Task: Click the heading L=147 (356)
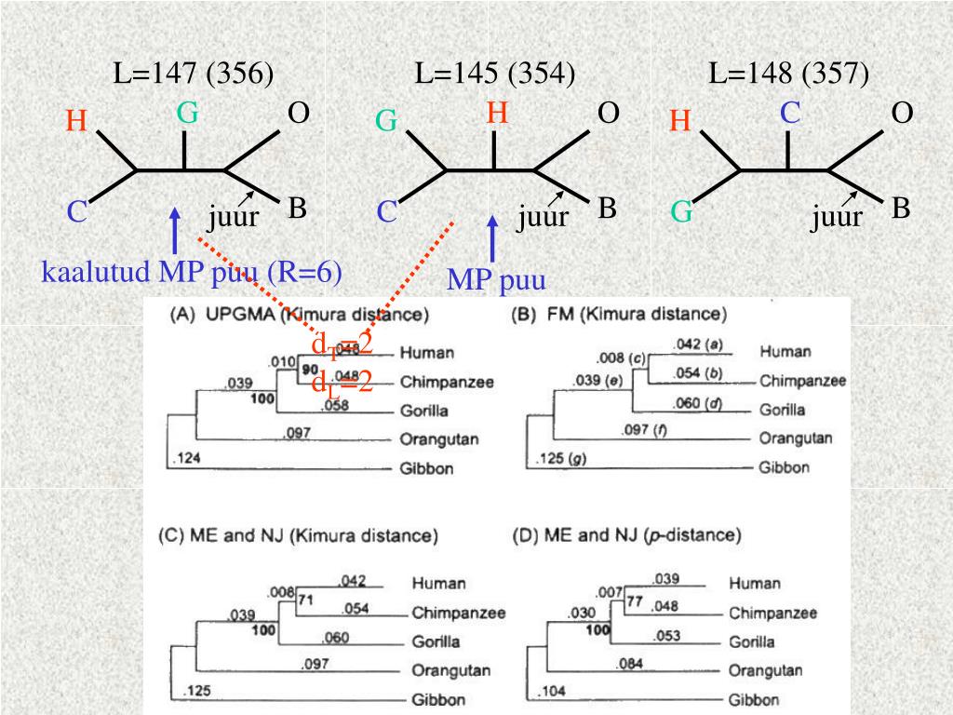pyautogui.click(x=194, y=74)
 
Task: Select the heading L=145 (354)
pyautogui.click(x=494, y=74)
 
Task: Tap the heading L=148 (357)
pyautogui.click(x=788, y=74)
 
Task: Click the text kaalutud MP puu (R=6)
pyautogui.click(x=192, y=272)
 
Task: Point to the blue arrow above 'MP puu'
pyautogui.click(x=492, y=237)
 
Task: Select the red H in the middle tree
pyautogui.click(x=498, y=114)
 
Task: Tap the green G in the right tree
pyautogui.click(x=682, y=213)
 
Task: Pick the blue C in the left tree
pyautogui.click(x=76, y=213)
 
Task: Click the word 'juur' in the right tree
pyautogui.click(x=835, y=218)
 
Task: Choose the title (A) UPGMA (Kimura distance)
pyautogui.click(x=298, y=316)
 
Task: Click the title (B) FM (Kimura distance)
pyautogui.click(x=619, y=316)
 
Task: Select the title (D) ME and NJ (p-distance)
pyautogui.click(x=626, y=535)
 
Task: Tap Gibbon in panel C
pyautogui.click(x=439, y=699)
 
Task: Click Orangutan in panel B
pyautogui.click(x=796, y=438)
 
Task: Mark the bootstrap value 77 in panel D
pyautogui.click(x=635, y=601)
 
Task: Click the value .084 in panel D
pyautogui.click(x=630, y=663)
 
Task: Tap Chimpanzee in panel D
pyautogui.click(x=772, y=614)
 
